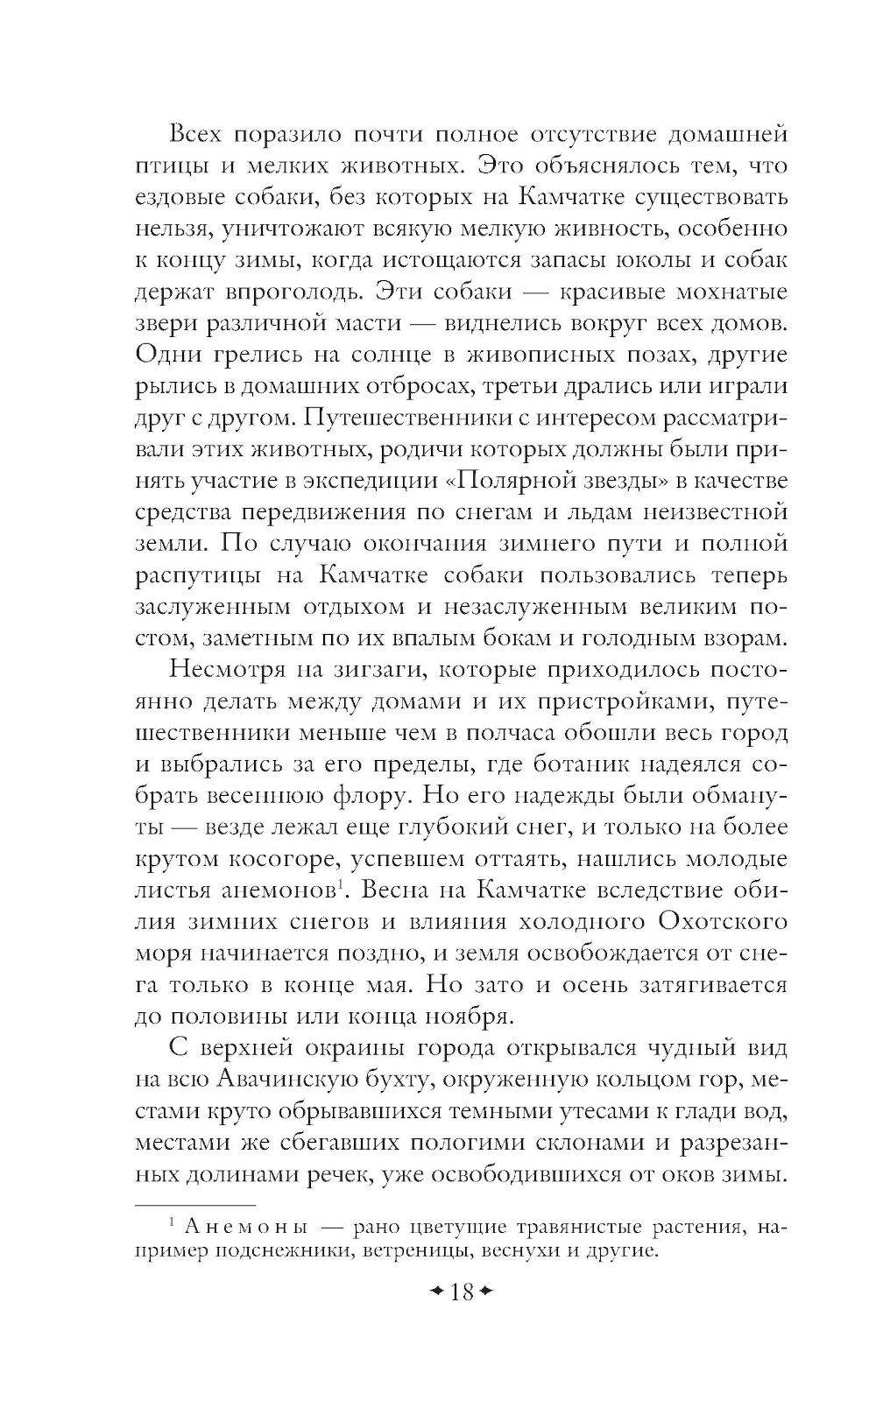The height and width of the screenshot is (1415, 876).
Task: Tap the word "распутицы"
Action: pyautogui.click(x=195, y=576)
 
